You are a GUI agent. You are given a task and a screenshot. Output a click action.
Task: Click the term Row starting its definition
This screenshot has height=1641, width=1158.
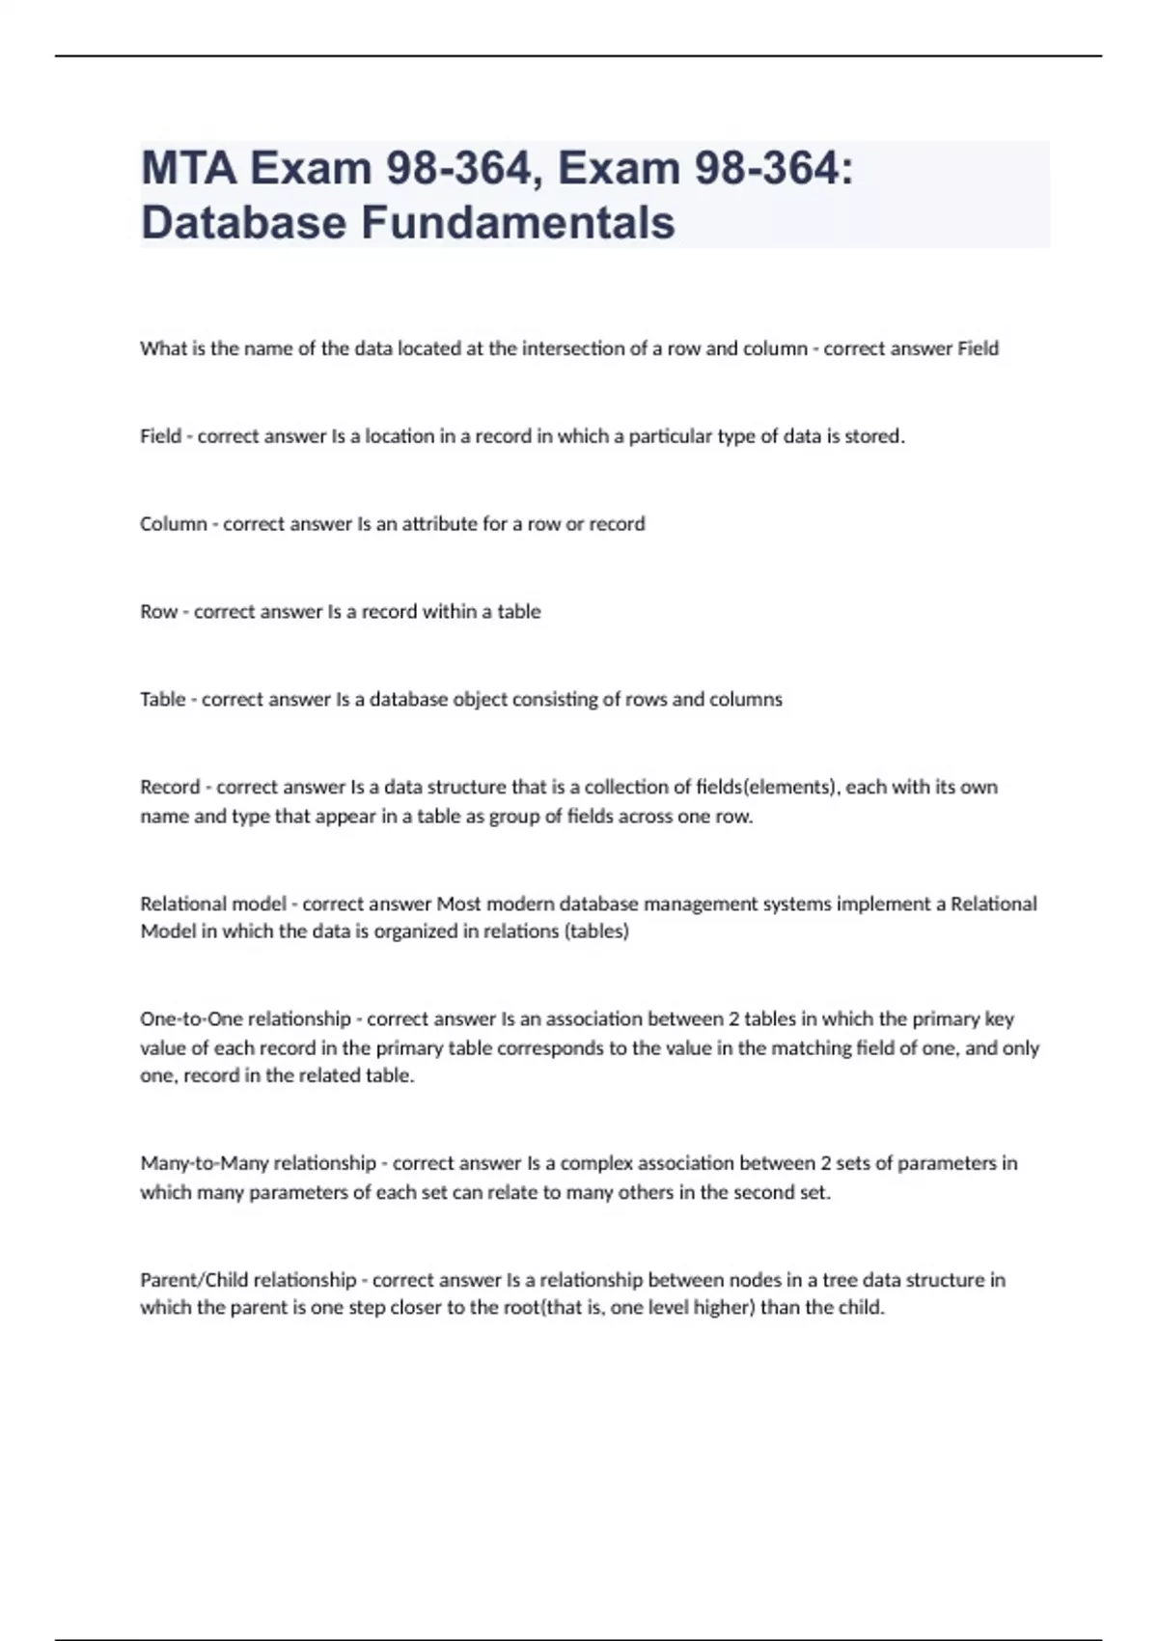pyautogui.click(x=158, y=612)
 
